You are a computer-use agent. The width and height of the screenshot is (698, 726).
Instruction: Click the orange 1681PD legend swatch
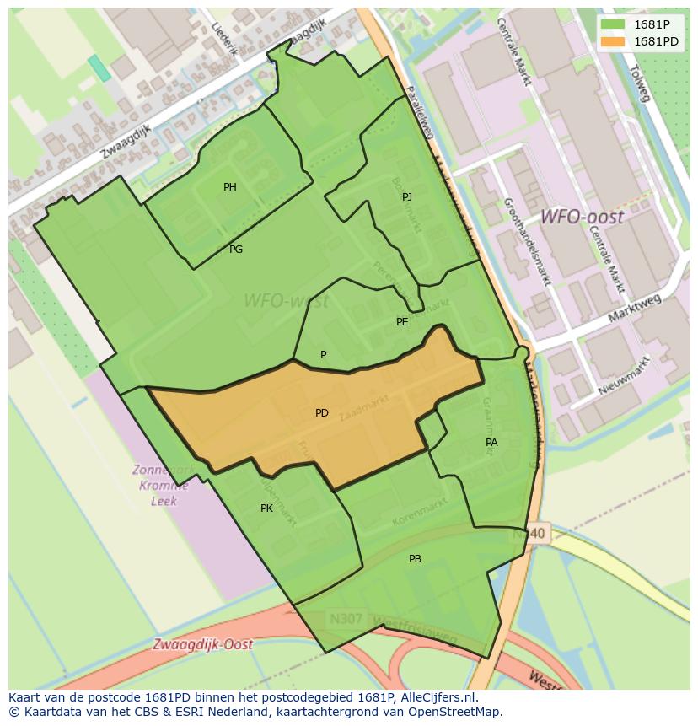tap(613, 42)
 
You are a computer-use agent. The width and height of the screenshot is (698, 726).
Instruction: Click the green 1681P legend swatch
tap(613, 24)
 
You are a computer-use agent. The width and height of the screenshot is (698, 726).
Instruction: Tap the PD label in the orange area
tap(322, 413)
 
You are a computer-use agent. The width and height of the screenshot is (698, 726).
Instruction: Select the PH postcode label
tap(230, 187)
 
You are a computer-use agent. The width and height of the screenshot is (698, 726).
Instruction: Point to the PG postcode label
tap(236, 250)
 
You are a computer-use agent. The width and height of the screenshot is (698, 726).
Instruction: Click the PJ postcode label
tap(407, 197)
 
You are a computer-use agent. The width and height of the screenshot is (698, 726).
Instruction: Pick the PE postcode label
tap(402, 322)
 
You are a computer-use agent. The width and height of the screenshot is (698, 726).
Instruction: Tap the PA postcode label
tap(491, 442)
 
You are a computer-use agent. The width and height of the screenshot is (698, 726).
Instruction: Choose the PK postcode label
tap(266, 508)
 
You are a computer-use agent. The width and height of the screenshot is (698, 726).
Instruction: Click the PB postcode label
tap(415, 559)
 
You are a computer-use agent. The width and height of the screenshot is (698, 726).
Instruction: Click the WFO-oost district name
tap(582, 218)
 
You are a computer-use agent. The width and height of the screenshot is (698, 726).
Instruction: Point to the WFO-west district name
tap(286, 301)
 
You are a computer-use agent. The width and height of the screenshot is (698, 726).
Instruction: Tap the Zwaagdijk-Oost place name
tap(202, 644)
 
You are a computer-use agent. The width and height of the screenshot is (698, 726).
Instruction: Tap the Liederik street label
tap(225, 39)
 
